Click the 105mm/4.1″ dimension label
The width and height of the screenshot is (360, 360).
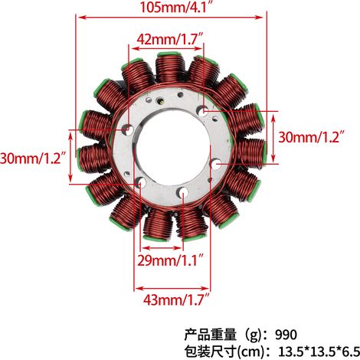point(176,7)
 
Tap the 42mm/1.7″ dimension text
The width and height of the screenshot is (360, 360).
point(170,39)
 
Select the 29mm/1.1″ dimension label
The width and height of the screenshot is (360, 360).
point(171,260)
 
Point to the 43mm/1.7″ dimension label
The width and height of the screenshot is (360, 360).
point(176,299)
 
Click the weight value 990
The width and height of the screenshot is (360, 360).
point(286,335)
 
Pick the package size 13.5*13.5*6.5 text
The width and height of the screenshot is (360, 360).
point(319,352)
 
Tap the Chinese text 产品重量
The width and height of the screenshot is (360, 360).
point(211,335)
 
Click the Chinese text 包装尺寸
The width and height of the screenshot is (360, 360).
point(211,352)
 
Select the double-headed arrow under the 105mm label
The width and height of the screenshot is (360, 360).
point(171,18)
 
